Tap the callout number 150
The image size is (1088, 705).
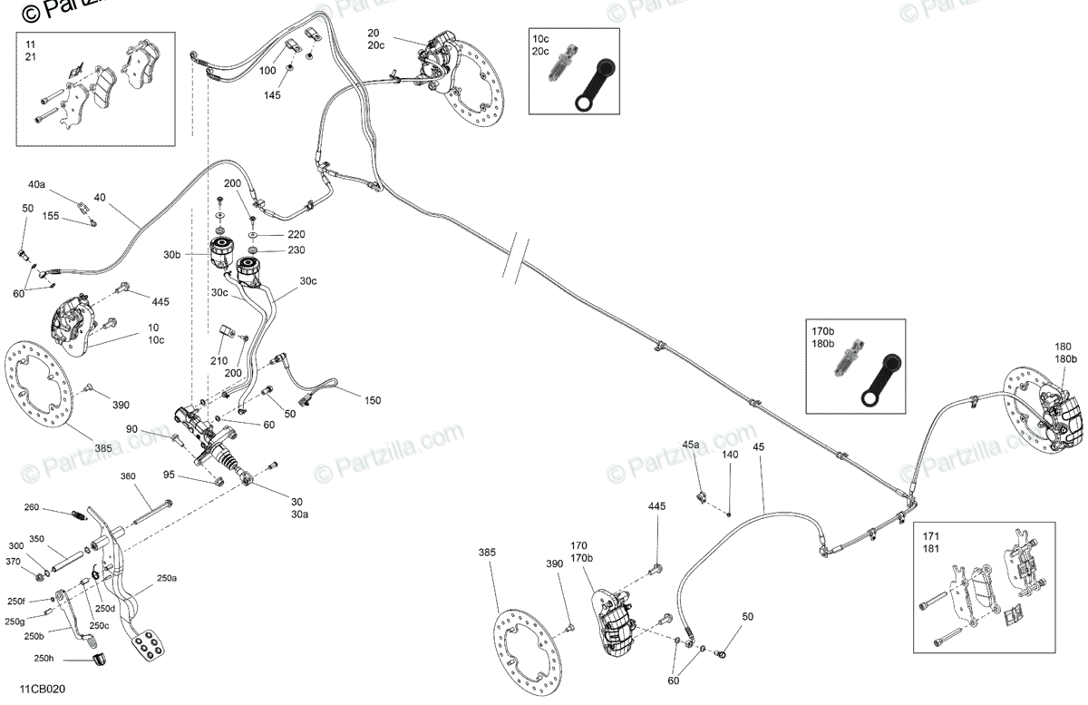pyautogui.click(x=373, y=400)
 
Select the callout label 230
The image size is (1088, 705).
pyautogui.click(x=296, y=250)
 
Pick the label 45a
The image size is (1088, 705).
pyautogui.click(x=691, y=445)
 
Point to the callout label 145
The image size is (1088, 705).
pyautogui.click(x=273, y=94)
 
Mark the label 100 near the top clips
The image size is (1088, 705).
pyautogui.click(x=268, y=70)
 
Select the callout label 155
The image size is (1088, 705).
pyautogui.click(x=50, y=217)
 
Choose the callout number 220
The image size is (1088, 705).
pyautogui.click(x=296, y=234)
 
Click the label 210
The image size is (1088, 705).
pyautogui.click(x=219, y=360)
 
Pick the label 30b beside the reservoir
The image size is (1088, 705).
pyautogui.click(x=171, y=255)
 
